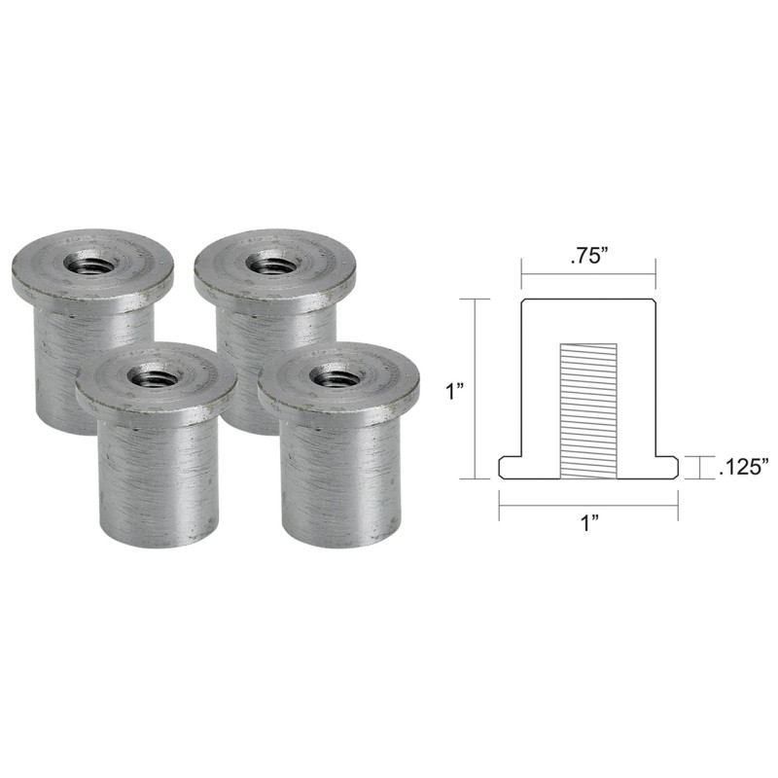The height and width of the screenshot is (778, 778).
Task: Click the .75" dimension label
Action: click(589, 260)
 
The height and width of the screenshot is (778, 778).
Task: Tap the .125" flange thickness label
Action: click(743, 468)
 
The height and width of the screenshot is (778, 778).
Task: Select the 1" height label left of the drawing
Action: click(454, 391)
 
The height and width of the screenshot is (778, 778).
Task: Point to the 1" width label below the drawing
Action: click(589, 523)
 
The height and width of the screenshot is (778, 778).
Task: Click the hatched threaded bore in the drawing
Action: click(588, 411)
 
